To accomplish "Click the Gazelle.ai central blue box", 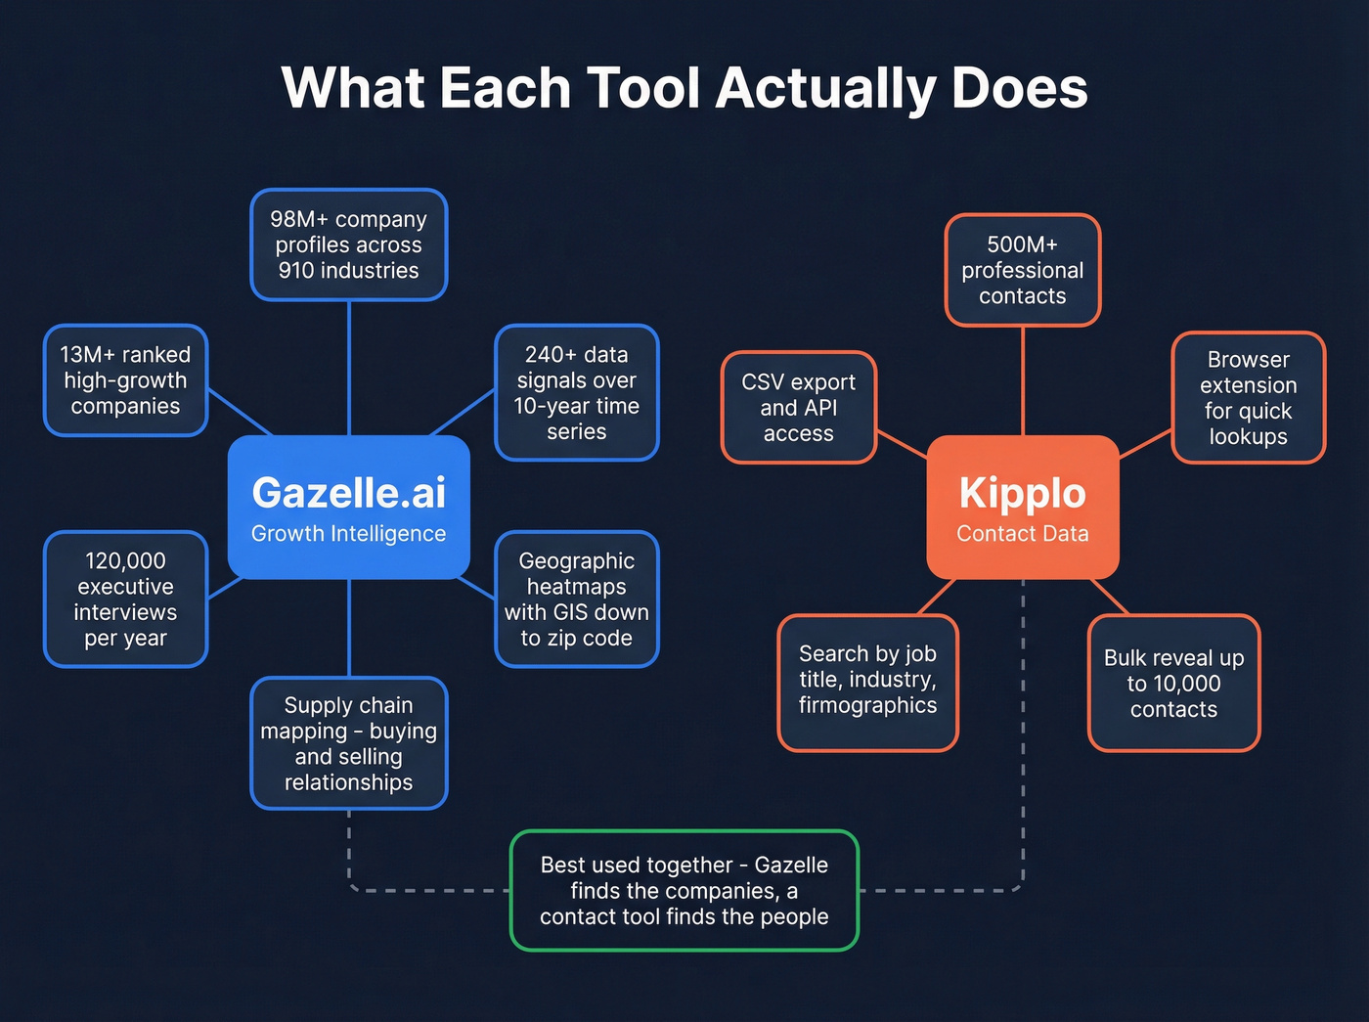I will (x=348, y=507).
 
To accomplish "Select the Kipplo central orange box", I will (x=1022, y=507).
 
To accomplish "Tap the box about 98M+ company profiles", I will (x=348, y=244).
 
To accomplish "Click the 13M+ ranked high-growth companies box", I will (x=125, y=380).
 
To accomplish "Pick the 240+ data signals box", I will (x=576, y=392).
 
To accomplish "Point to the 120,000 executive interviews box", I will (x=125, y=599).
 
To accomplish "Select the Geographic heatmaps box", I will (x=576, y=599).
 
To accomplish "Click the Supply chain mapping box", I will (x=348, y=743).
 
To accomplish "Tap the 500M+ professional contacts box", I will (x=1022, y=270).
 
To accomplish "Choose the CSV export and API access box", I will (x=798, y=407).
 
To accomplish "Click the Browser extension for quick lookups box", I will (x=1248, y=397).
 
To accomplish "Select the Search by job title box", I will (x=867, y=682).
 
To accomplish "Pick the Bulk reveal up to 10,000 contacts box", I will (x=1173, y=683).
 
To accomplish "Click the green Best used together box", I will (x=684, y=890).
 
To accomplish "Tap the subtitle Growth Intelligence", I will (x=348, y=534).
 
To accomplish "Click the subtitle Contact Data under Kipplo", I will (x=1022, y=534).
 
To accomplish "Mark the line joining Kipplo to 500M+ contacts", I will (x=1023, y=381).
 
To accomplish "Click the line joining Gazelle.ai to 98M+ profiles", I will (x=349, y=367).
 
